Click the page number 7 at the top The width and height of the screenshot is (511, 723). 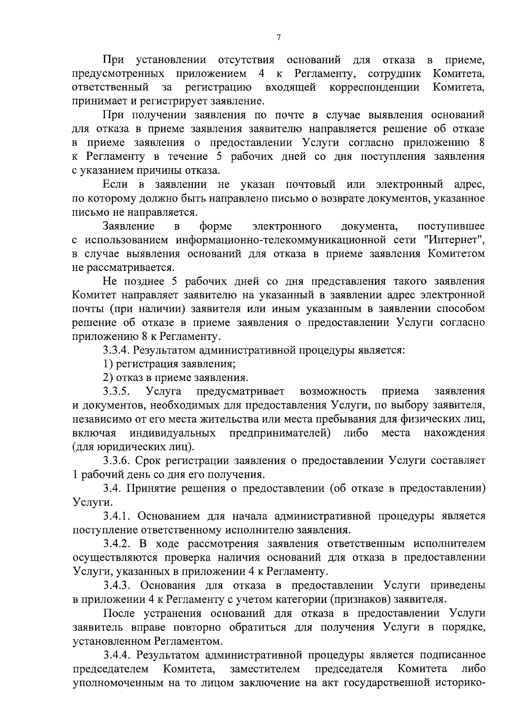(278, 38)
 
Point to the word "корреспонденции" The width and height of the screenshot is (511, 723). (374, 88)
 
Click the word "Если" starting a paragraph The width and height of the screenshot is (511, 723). (115, 184)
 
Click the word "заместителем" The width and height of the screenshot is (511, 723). (264, 668)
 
